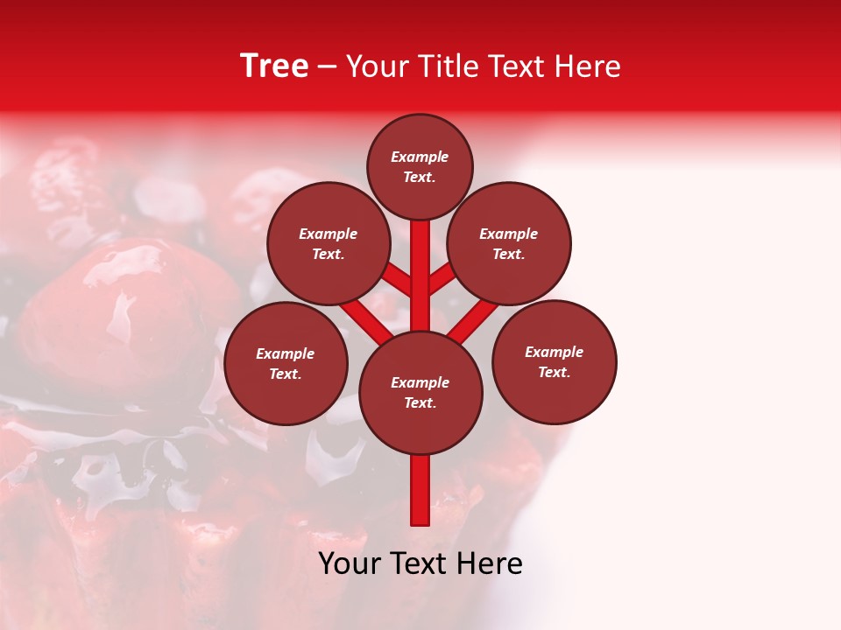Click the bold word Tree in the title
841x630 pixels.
[274, 66]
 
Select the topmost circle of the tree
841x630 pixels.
[420, 166]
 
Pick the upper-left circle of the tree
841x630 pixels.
[329, 243]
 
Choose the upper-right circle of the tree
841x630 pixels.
[509, 243]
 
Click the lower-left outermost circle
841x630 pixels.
[286, 363]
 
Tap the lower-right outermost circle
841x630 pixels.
[555, 361]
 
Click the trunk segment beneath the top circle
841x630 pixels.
[420, 262]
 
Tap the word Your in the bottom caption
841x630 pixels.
[350, 563]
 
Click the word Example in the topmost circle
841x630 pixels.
[420, 157]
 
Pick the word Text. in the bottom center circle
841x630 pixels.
[420, 403]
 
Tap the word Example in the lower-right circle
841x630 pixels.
[554, 352]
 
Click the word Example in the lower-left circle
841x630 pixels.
[285, 353]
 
